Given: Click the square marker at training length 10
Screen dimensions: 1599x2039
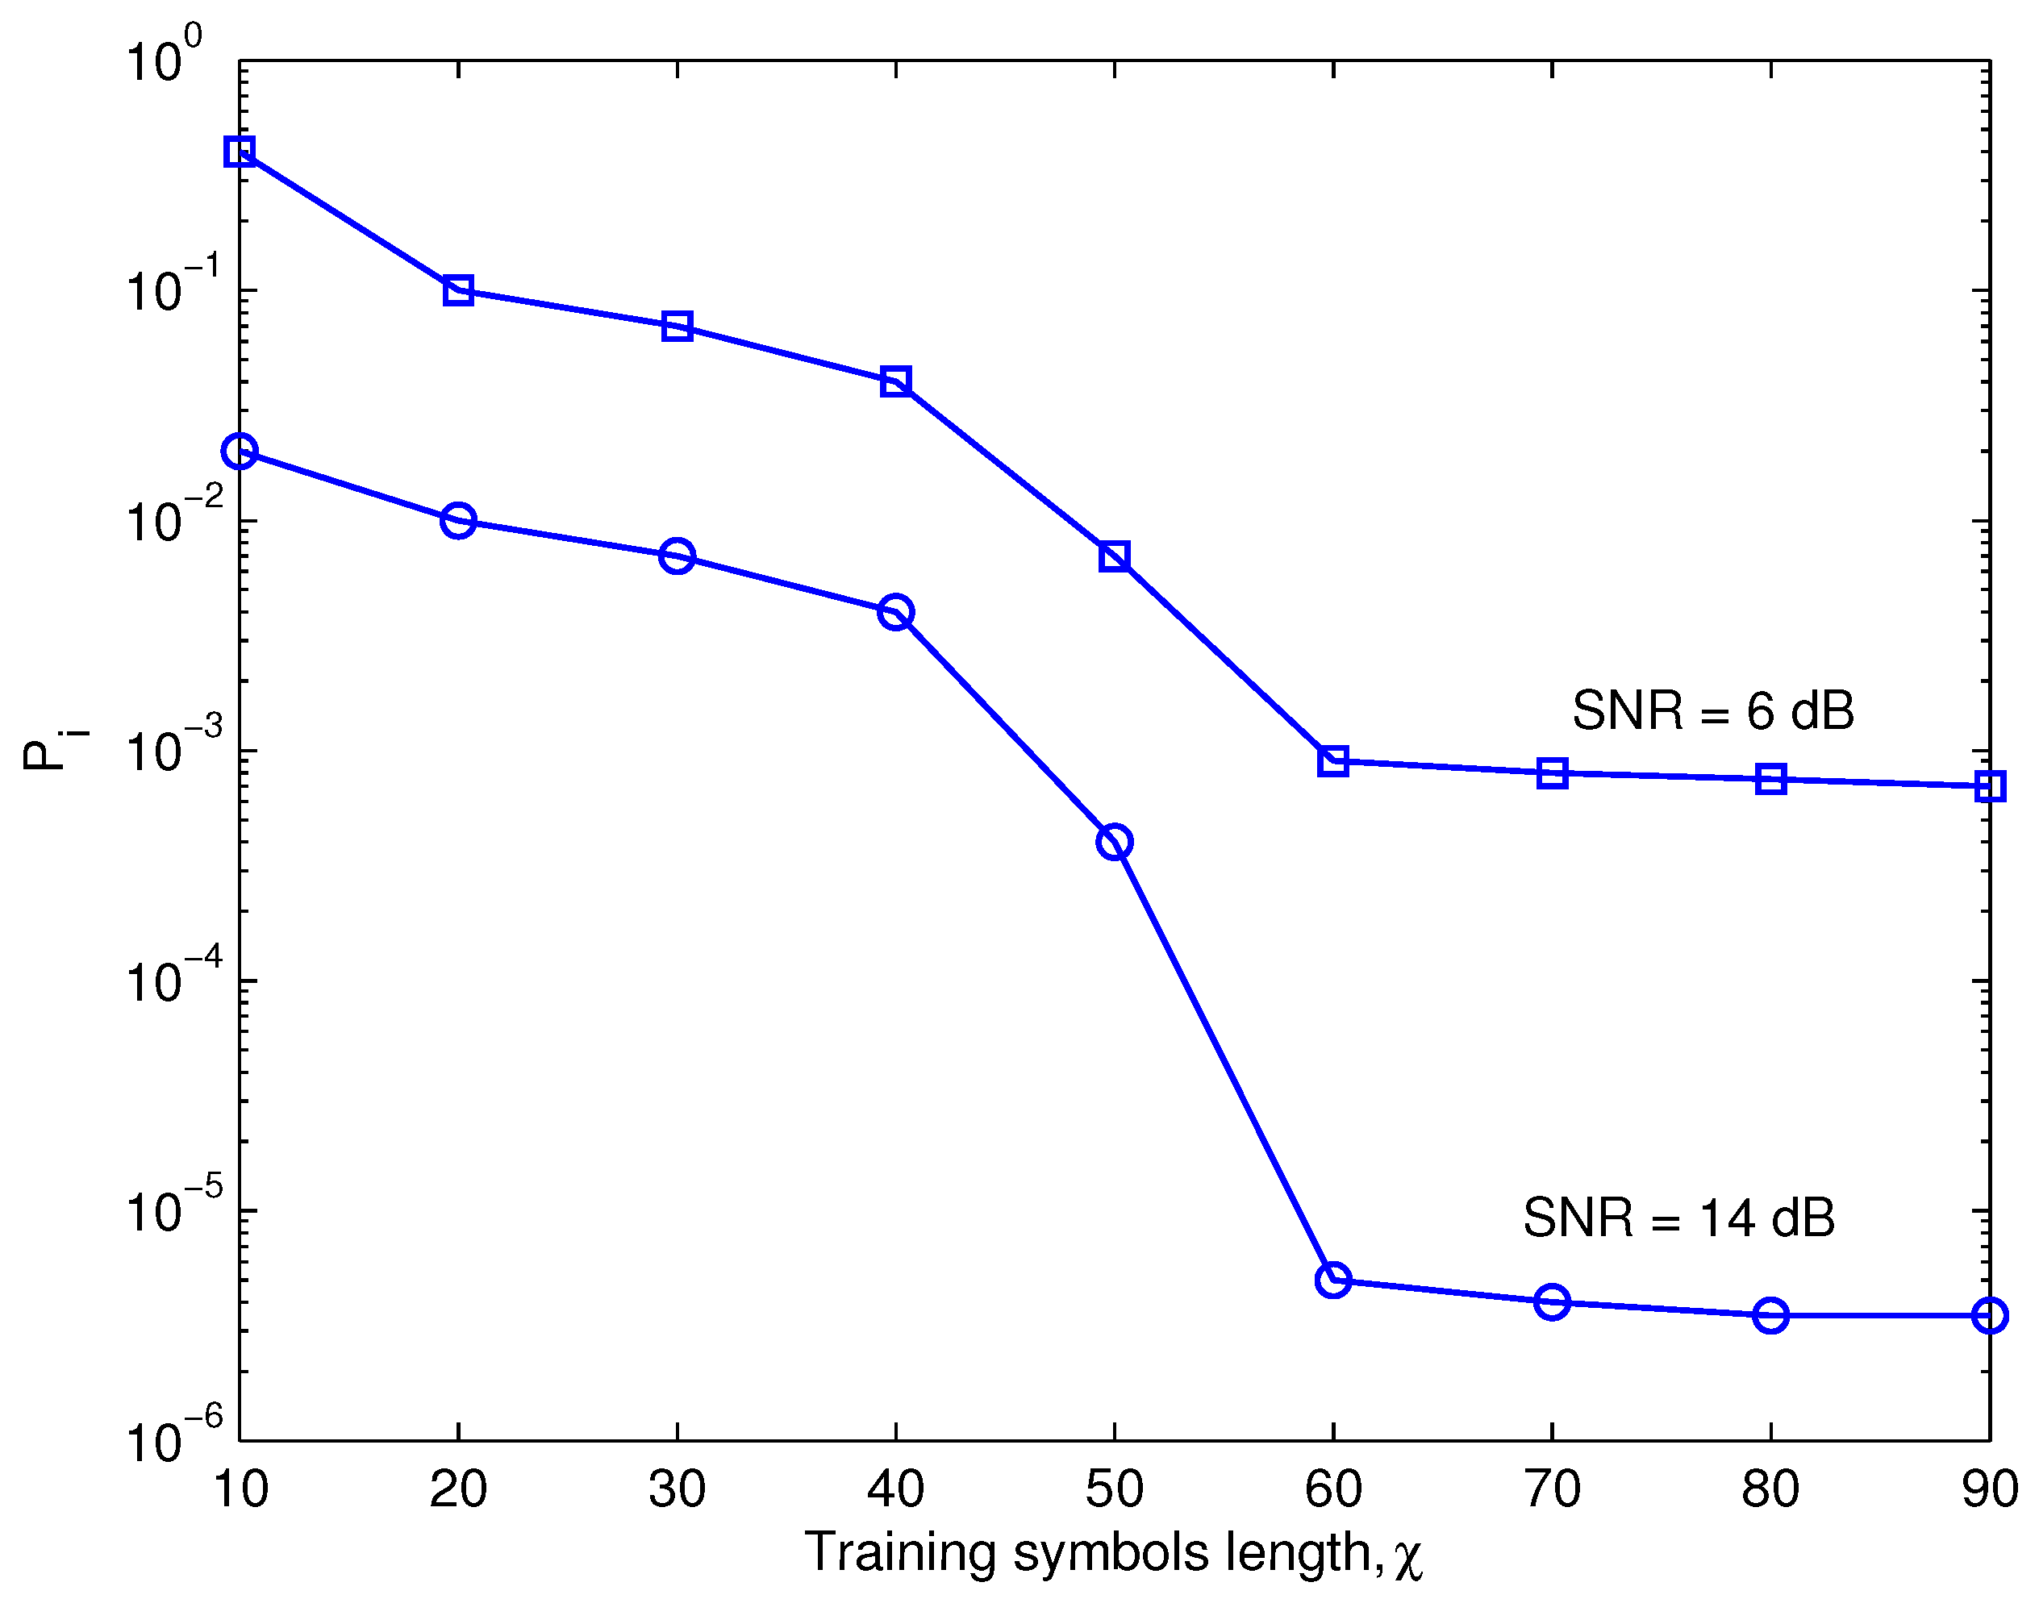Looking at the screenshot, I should [240, 151].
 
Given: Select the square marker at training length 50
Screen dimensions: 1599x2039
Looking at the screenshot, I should [1114, 556].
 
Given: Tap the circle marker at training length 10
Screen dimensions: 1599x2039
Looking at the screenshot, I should [240, 452].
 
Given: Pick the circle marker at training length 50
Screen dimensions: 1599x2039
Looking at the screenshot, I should [1114, 842].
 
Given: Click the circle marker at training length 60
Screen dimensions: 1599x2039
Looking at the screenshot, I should [1333, 1279].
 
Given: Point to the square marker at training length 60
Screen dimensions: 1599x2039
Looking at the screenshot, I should [1333, 761].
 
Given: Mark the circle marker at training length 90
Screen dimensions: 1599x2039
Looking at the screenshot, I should [1989, 1315].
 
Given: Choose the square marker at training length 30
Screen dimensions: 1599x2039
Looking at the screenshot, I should [677, 326].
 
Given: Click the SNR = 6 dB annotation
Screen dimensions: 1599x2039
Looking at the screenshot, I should [1713, 710].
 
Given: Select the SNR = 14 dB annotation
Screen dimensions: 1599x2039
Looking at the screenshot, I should [1678, 1218].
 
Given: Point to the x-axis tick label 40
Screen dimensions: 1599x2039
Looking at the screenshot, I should [896, 1489].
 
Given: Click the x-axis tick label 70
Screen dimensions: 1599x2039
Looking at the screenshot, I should [1552, 1489].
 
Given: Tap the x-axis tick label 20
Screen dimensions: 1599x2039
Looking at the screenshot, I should [458, 1489].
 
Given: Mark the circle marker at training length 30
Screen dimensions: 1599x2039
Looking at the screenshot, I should [677, 556].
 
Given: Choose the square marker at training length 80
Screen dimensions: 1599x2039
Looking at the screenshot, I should [1770, 778].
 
